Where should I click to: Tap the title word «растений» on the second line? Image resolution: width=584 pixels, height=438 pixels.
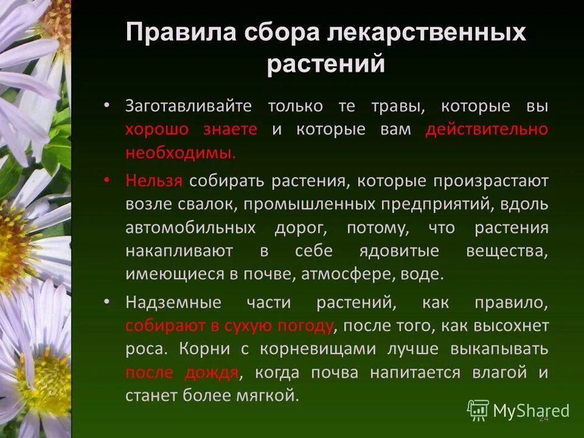coord(325,64)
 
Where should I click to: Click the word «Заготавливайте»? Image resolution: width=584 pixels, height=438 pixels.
coord(189,106)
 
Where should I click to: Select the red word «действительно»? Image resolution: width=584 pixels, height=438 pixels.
coord(487,130)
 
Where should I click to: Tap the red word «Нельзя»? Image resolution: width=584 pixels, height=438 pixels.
coord(154,181)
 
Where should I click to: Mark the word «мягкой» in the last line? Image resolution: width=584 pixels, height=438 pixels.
coord(271,396)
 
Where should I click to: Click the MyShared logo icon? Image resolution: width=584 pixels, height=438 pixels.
coord(478,411)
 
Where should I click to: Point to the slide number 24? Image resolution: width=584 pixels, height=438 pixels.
coord(544,419)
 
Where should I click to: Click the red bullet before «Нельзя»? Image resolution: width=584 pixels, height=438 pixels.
coord(107,180)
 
